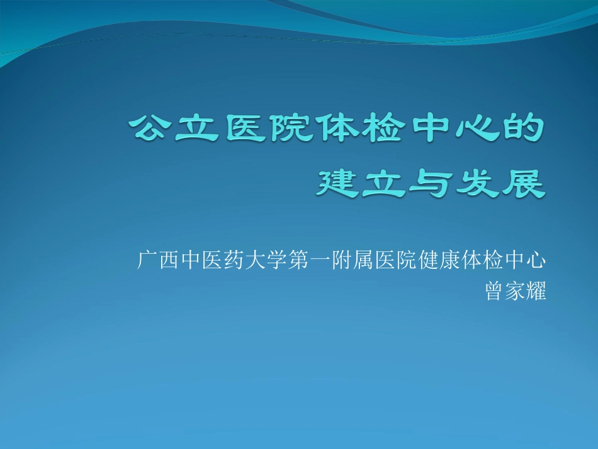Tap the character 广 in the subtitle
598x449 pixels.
147,259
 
